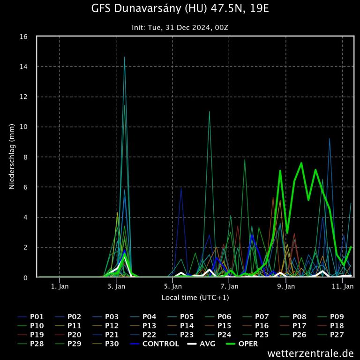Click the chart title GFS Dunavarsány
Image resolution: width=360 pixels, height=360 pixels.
pyautogui.click(x=180, y=8)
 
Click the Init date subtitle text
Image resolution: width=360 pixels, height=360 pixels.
pyautogui.click(x=180, y=28)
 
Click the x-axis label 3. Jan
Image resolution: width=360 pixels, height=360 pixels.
pyautogui.click(x=116, y=286)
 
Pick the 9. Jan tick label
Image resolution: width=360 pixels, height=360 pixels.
pyautogui.click(x=285, y=286)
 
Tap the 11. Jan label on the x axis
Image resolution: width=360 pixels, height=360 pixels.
pyautogui.click(x=342, y=286)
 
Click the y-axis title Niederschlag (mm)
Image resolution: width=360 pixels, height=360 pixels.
pyautogui.click(x=12, y=157)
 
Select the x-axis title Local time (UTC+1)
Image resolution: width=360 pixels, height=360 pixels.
pyautogui.click(x=195, y=297)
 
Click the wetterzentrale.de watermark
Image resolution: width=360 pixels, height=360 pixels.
pyautogui.click(x=311, y=352)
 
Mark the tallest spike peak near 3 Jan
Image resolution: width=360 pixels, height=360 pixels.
pyautogui.click(x=125, y=57)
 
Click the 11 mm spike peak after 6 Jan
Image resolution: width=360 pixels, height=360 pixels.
pyautogui.click(x=209, y=112)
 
